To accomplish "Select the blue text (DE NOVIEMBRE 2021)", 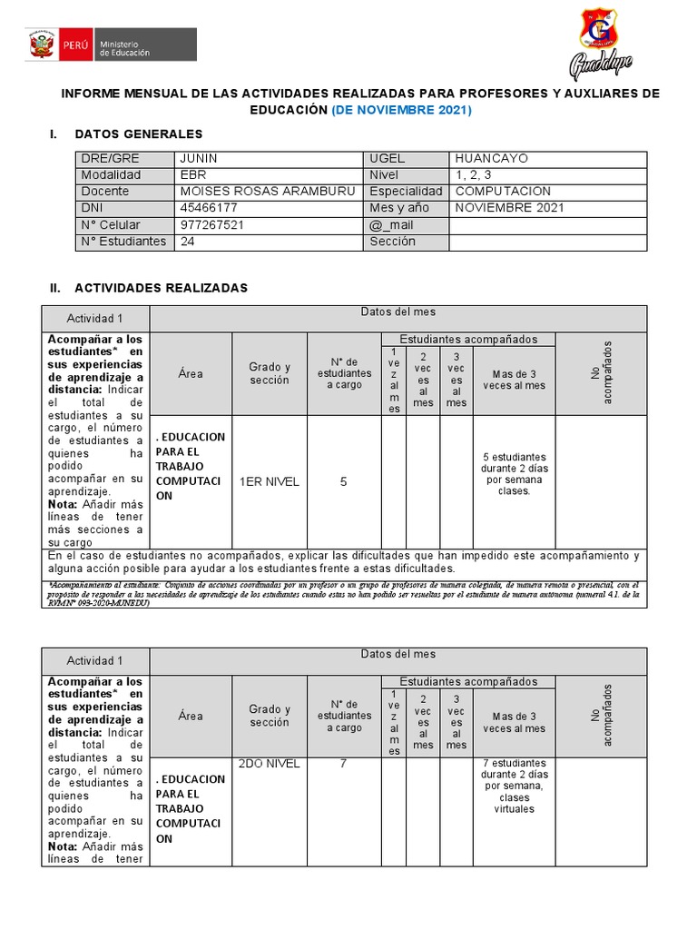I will point(401,110).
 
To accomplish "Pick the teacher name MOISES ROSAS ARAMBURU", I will point(268,192).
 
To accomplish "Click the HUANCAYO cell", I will point(491,158).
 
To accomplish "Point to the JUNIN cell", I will point(199,158).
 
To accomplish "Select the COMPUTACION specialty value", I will point(503,192).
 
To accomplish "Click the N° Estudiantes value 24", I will point(188,242).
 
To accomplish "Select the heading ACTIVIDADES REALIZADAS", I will point(161,287).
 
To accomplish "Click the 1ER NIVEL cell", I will point(269,482).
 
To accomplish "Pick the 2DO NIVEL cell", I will point(269,764).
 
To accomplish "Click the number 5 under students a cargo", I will point(343,482).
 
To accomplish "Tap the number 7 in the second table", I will point(343,764).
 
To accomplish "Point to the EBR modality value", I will point(193,174).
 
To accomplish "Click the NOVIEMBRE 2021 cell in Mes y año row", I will point(509,208).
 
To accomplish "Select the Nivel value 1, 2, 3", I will point(474,174).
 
